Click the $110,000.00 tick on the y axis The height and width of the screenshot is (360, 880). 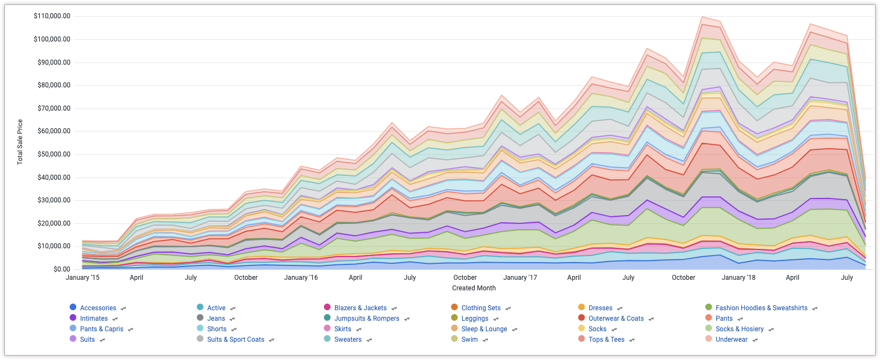click(52, 16)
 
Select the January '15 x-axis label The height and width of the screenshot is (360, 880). click(82, 278)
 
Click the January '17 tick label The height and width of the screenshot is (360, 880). click(520, 278)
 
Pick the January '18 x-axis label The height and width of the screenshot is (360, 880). click(738, 278)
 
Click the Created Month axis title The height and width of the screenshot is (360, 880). click(474, 288)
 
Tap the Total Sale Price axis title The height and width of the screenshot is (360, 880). click(20, 142)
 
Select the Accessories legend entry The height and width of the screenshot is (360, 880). click(98, 308)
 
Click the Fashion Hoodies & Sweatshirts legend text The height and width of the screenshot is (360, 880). click(761, 308)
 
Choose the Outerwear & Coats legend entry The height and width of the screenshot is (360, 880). click(616, 319)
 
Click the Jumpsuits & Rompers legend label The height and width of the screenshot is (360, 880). click(366, 319)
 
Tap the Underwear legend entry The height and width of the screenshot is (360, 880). click(731, 340)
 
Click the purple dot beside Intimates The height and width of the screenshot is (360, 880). click(73, 318)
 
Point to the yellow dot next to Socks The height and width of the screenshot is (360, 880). click(582, 328)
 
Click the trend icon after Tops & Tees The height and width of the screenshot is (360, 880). click(632, 340)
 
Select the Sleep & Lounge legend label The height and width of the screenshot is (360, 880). click(484, 329)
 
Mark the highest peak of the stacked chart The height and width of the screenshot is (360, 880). click(701, 17)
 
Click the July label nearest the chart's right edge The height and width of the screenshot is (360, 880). click(847, 278)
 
